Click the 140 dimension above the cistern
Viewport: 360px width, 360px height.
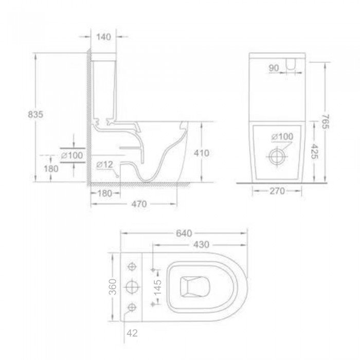104,37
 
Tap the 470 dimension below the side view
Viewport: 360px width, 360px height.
135,204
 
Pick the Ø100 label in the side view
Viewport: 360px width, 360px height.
72,155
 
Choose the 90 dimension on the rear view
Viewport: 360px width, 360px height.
273,68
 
